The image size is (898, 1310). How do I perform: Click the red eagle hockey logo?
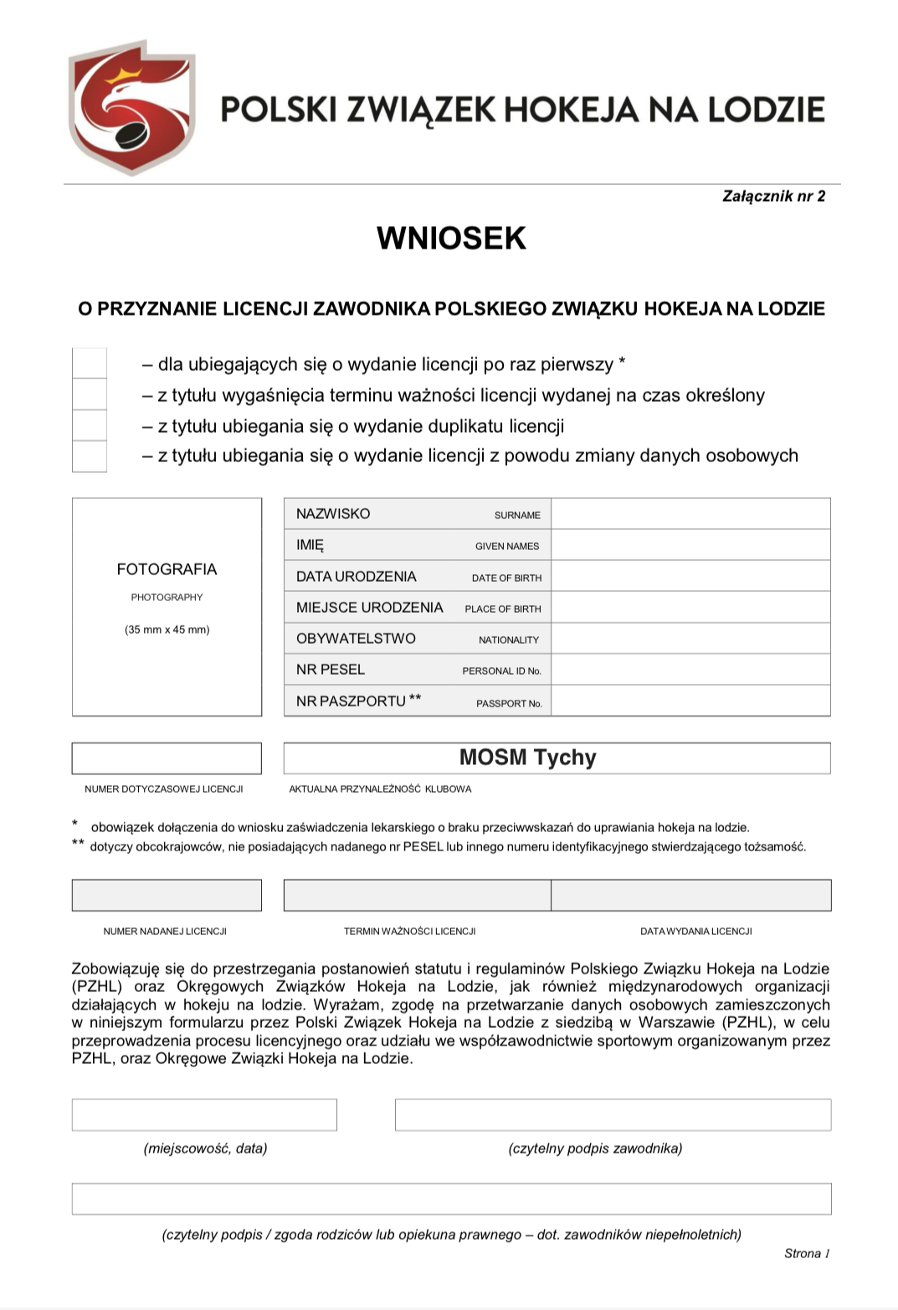click(131, 107)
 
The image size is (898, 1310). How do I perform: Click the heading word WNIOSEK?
click(451, 239)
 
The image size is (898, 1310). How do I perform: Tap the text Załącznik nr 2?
click(773, 196)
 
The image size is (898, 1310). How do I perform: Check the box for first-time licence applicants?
click(90, 363)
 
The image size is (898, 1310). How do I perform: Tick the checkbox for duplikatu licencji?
click(90, 425)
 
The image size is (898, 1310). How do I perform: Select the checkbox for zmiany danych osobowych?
click(90, 456)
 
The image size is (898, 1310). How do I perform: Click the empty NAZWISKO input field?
click(690, 514)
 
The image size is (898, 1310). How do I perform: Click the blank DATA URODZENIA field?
click(690, 576)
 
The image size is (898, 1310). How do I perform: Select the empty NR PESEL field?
click(690, 670)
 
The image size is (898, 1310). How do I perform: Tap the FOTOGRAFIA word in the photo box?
click(167, 569)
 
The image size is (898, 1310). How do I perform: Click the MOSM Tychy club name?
click(528, 758)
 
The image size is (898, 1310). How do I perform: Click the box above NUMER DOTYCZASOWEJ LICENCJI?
click(167, 758)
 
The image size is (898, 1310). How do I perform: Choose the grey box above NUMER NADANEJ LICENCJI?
click(167, 895)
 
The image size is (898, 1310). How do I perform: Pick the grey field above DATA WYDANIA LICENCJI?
click(691, 895)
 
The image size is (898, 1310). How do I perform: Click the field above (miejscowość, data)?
click(204, 1115)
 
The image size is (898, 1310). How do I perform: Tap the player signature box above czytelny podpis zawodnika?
click(613, 1115)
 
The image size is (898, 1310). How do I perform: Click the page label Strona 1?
click(807, 1253)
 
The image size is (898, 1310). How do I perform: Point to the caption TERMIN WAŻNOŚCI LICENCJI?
click(409, 931)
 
